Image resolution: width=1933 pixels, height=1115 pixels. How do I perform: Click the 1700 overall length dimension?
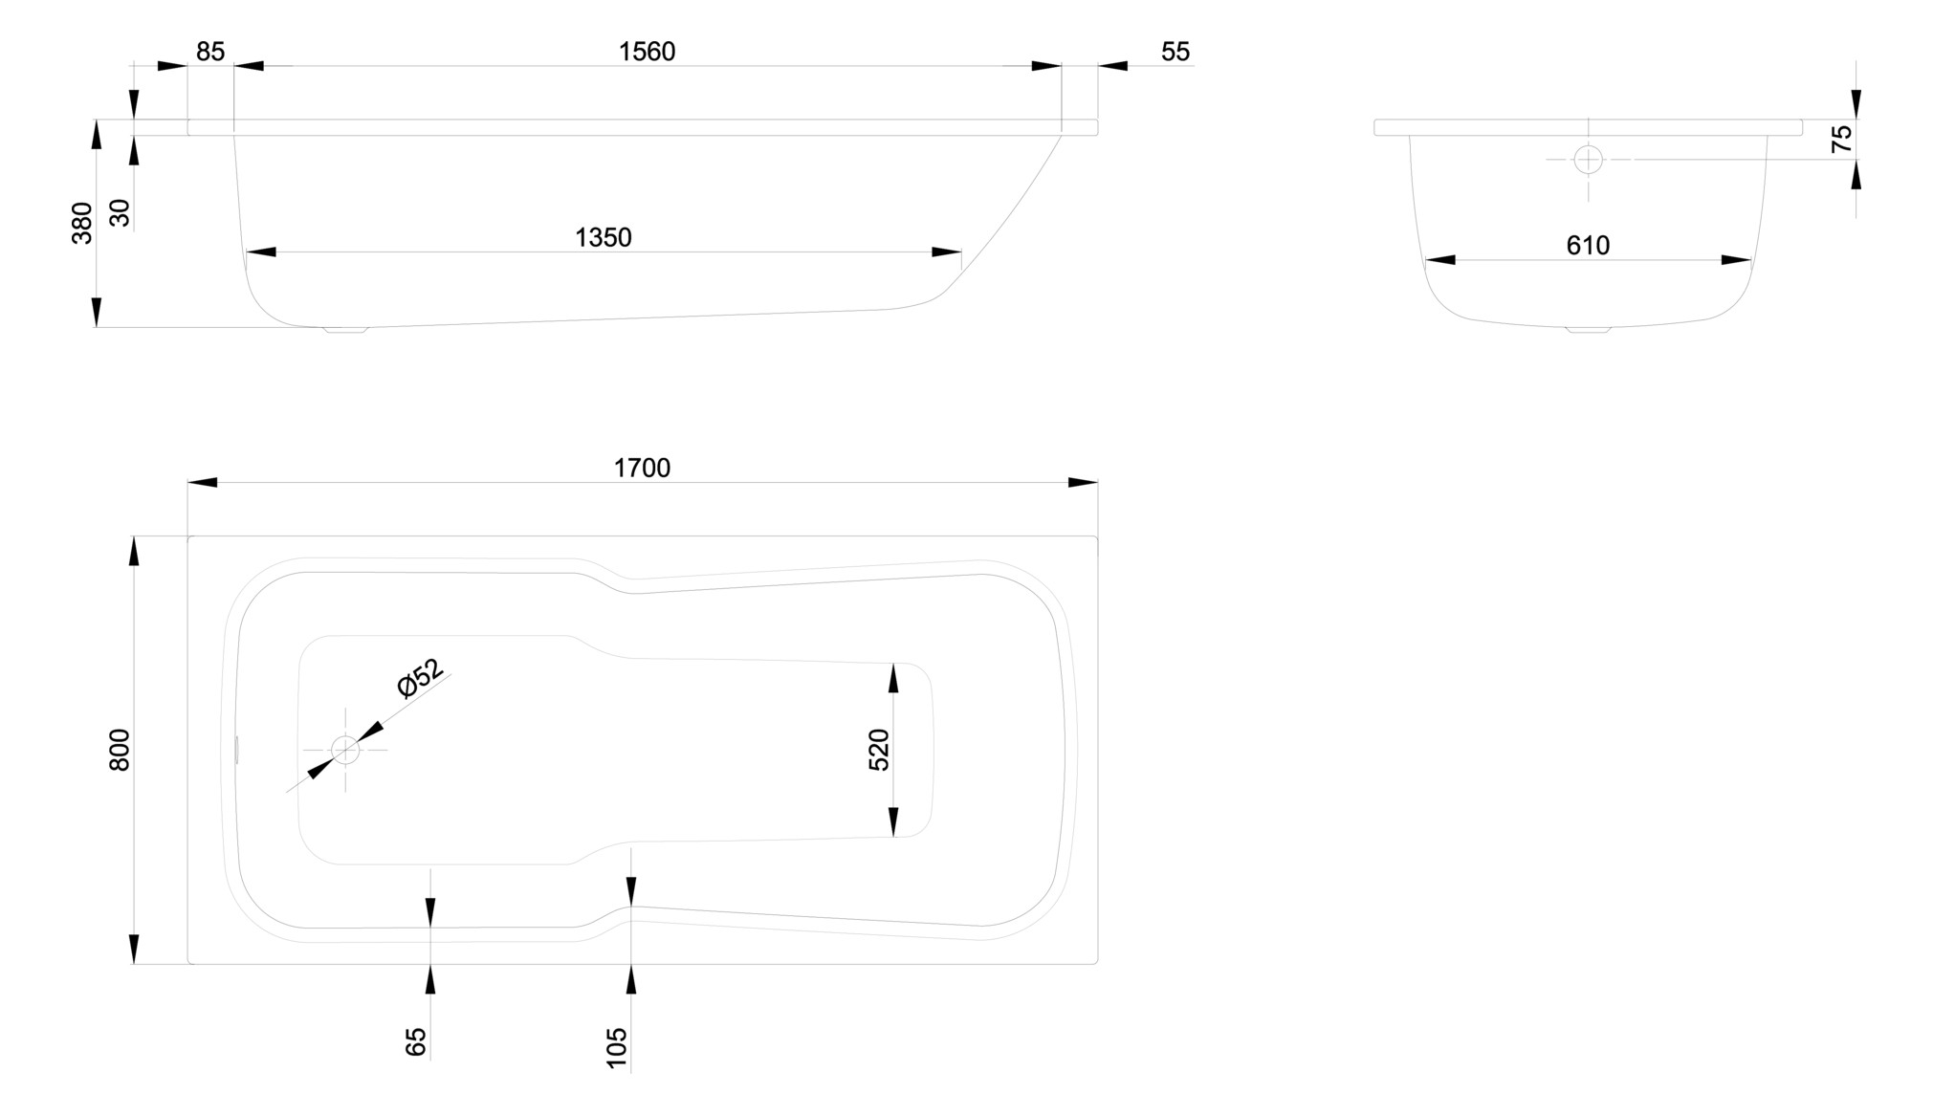pos(642,468)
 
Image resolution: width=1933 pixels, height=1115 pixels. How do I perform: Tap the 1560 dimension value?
pos(647,52)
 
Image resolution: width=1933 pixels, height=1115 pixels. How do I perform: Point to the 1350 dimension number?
pos(603,237)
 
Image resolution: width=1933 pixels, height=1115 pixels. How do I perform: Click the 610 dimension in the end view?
pos(1588,246)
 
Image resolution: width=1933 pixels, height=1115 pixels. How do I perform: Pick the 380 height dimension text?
pos(82,223)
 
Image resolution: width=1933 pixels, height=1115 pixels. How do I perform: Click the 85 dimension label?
pos(210,52)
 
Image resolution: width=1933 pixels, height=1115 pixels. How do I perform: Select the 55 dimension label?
pos(1175,52)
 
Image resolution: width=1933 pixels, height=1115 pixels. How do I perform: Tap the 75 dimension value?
pos(1841,140)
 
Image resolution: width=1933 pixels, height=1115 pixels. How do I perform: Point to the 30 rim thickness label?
pos(120,212)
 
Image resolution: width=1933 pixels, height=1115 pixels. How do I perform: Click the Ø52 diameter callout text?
pos(420,678)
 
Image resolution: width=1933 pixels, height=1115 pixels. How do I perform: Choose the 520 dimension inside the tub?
pos(879,750)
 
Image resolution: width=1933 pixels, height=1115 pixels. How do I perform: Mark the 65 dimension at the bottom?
pos(416,1041)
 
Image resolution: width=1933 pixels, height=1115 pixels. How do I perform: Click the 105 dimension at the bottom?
pos(617,1047)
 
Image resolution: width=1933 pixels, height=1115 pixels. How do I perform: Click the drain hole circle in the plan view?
pos(345,750)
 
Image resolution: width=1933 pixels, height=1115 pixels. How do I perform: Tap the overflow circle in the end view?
pos(1588,160)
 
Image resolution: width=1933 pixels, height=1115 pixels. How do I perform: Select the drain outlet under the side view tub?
pos(345,330)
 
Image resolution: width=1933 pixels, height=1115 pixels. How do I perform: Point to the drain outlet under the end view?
pos(1588,330)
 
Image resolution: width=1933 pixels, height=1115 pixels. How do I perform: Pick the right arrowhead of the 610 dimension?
pos(1736,260)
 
